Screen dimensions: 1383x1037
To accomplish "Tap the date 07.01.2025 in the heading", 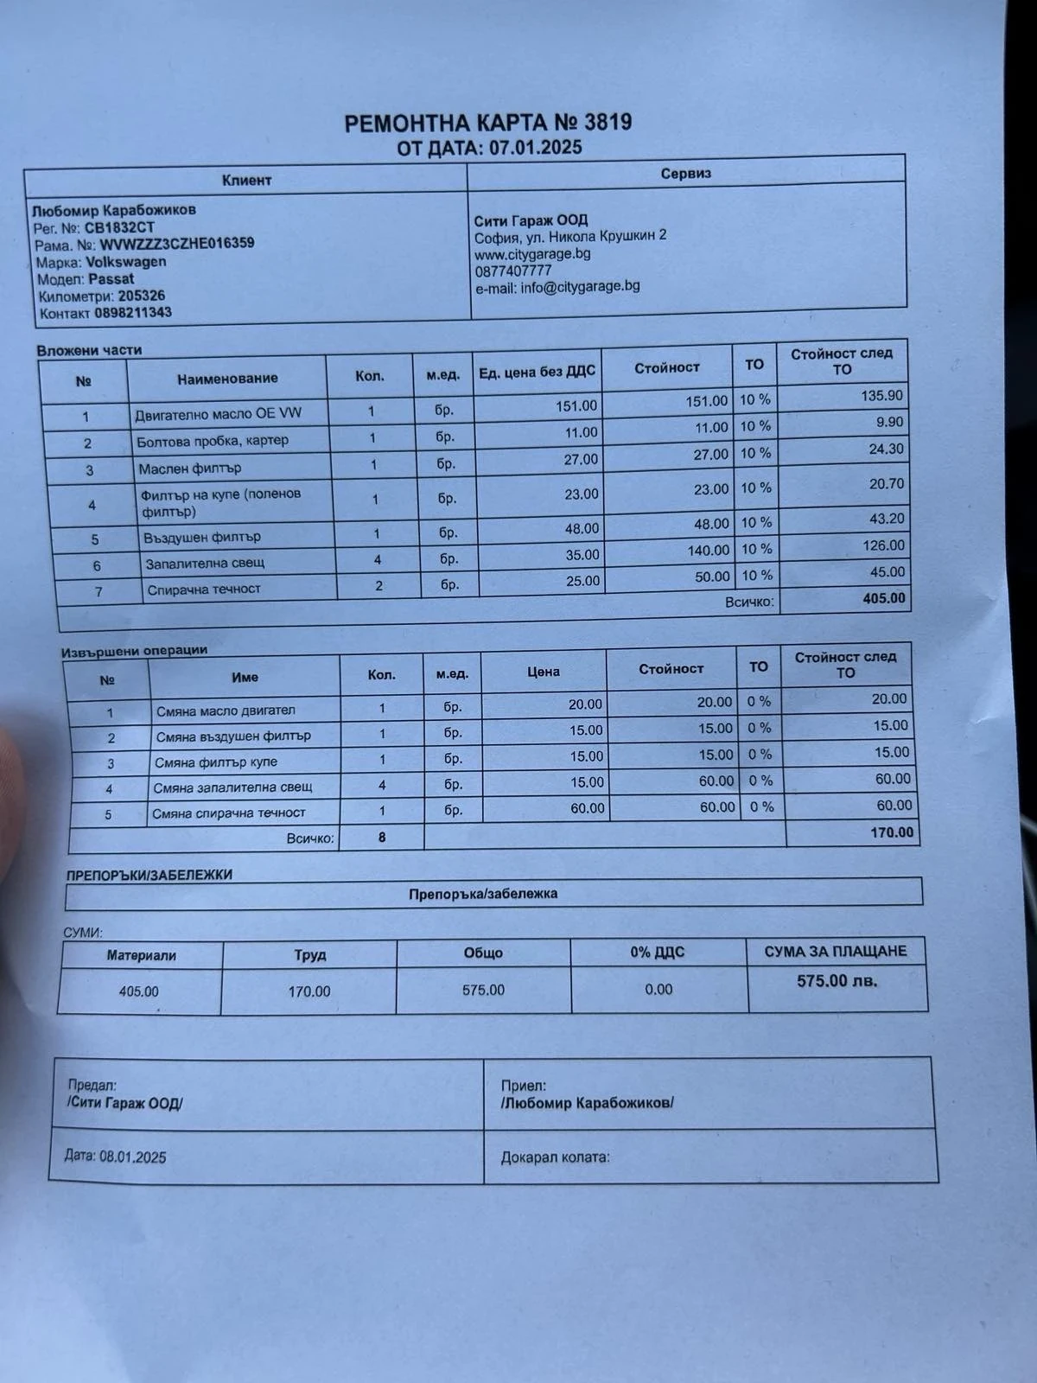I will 536,147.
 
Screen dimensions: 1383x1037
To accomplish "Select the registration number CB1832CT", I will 119,228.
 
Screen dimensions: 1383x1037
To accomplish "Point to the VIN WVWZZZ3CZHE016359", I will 177,244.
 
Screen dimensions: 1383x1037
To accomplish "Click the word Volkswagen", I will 126,262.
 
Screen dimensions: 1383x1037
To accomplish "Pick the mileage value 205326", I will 142,296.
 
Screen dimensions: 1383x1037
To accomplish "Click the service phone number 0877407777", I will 513,271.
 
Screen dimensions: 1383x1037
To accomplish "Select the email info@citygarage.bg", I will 580,286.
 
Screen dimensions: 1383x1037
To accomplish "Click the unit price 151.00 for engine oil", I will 576,405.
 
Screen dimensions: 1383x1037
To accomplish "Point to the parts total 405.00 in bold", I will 884,598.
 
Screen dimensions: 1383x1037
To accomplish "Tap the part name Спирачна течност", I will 204,590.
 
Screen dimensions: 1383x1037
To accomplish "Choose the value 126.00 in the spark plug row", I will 884,545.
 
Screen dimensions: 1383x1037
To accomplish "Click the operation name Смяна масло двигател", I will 226,711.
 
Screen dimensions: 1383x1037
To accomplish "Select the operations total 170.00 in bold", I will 892,832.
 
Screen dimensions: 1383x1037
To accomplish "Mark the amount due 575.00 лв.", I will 837,981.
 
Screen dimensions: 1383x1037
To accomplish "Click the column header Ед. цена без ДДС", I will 537,373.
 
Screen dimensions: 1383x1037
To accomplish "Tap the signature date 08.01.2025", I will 133,1157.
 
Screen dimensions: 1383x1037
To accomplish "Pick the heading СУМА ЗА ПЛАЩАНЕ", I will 836,952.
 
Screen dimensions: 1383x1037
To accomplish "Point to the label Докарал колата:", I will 555,1157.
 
